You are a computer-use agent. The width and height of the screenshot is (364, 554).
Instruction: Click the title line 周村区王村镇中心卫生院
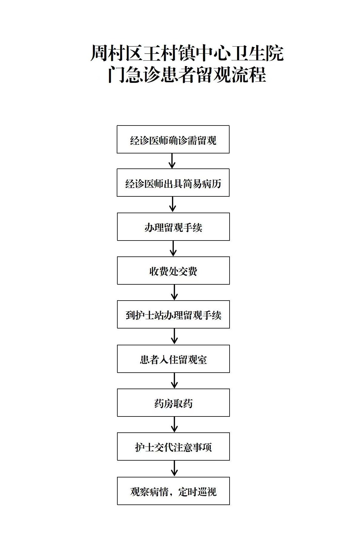click(x=187, y=53)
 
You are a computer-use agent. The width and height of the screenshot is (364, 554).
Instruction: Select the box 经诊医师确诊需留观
click(x=173, y=140)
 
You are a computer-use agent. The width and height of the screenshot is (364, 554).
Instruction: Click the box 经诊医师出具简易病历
click(x=173, y=183)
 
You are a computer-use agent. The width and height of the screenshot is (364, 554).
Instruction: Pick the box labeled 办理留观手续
click(x=173, y=227)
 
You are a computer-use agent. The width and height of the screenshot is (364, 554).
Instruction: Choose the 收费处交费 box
click(x=173, y=271)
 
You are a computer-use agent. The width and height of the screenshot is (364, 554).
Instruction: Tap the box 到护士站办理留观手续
click(x=173, y=315)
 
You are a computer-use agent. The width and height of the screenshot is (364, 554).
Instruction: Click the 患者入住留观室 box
click(x=173, y=359)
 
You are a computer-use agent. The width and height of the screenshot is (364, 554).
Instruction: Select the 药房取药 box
click(x=173, y=403)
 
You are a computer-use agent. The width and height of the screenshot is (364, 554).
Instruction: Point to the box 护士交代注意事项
click(x=173, y=447)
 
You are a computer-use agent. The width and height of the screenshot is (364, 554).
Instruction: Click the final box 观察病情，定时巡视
click(x=173, y=491)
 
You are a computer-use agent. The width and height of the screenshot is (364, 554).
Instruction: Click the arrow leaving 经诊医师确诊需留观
click(x=172, y=161)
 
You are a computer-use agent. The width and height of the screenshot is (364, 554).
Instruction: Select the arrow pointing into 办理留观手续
click(x=173, y=204)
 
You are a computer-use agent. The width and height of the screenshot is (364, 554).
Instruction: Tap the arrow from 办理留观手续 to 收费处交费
click(x=173, y=248)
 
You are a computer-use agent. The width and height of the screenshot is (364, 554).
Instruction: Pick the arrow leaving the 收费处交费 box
click(x=174, y=292)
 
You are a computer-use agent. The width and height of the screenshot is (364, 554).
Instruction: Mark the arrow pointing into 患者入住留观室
click(x=174, y=336)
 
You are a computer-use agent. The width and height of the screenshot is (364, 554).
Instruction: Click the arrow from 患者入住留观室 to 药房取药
click(x=174, y=381)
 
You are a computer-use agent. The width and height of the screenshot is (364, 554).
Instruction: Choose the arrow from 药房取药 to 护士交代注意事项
click(x=174, y=424)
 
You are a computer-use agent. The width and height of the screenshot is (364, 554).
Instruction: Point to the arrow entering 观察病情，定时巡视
click(x=174, y=468)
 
